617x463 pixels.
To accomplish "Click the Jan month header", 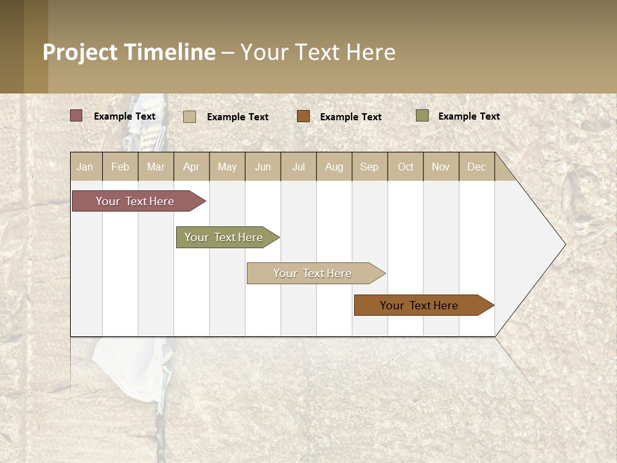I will (85, 167).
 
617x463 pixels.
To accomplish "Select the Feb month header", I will (120, 167).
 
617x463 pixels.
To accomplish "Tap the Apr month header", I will (191, 167).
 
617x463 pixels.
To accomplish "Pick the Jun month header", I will (263, 167).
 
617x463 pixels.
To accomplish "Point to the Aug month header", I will (334, 167).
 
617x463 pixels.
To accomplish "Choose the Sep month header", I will (370, 167).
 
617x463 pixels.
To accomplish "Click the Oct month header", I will (406, 167).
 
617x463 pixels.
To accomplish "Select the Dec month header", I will (477, 167).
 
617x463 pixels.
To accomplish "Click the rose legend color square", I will (76, 116).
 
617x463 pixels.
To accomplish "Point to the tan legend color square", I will (190, 116).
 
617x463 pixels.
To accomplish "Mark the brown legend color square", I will (303, 116).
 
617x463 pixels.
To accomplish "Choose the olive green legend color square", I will (422, 116).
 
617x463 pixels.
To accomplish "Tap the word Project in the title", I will (80, 52).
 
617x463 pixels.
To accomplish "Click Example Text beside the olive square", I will (469, 116).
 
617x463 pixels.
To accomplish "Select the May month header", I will (227, 167).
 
